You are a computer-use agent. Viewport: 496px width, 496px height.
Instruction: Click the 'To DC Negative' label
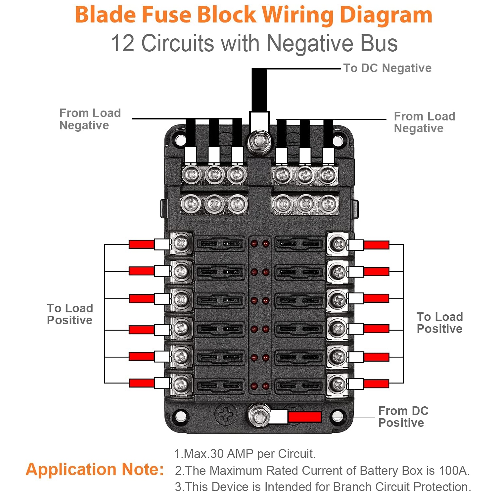coord(387,68)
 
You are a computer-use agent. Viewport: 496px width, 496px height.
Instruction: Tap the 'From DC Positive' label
coord(403,417)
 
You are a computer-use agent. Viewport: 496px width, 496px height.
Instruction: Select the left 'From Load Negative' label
coord(90,119)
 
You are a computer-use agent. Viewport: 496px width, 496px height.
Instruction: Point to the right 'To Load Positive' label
coord(439,323)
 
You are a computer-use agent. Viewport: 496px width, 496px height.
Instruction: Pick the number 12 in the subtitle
coord(123,43)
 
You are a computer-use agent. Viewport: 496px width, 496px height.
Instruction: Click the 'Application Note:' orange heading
coord(95,469)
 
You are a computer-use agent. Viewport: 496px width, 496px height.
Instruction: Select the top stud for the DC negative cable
coord(259,142)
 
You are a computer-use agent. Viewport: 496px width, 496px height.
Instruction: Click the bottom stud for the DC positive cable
coord(259,416)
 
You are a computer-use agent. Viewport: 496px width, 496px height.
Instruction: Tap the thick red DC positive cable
coord(304,417)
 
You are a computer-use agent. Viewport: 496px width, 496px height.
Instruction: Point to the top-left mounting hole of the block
coord(180,140)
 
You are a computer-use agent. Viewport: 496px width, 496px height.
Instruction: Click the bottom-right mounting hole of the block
coord(338,416)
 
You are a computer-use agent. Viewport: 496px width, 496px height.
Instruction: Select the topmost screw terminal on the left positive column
coord(181,244)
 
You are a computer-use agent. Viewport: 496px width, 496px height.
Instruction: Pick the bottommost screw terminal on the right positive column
coord(338,384)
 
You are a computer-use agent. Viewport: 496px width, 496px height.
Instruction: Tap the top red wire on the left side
coord(141,245)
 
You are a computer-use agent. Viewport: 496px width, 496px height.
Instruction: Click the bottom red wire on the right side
coord(376,384)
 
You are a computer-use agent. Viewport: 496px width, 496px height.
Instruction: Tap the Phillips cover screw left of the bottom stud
coord(226,414)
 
